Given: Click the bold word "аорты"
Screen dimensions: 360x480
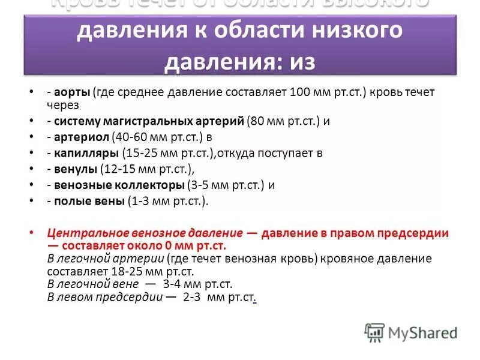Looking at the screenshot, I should [72, 93].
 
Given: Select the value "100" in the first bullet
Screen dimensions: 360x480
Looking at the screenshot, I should [300, 93].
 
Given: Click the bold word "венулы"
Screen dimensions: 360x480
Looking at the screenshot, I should [76, 169].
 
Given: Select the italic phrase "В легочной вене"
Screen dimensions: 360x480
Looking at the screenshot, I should [92, 284].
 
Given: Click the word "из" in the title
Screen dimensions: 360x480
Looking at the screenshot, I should [301, 62].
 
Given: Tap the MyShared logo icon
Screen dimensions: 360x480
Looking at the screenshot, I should [374, 332].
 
